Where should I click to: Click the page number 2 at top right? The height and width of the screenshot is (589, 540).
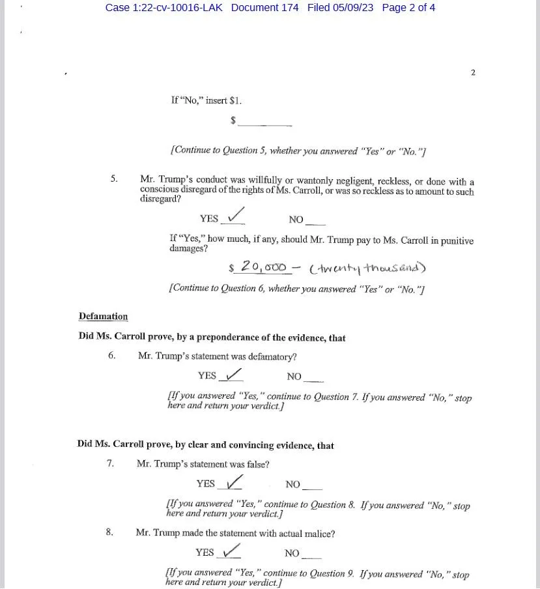point(473,72)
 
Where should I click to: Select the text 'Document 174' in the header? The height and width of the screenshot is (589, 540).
point(264,8)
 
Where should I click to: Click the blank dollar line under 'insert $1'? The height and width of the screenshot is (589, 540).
point(265,122)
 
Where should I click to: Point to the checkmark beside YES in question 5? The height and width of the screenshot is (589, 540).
point(234,214)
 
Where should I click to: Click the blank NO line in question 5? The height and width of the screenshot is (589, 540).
point(315,220)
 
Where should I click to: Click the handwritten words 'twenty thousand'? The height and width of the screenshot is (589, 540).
point(368,268)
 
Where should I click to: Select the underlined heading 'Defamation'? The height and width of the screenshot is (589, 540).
point(103,317)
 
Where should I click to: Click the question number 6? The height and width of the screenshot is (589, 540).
point(112,356)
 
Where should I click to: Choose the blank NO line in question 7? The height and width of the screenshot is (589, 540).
point(313,485)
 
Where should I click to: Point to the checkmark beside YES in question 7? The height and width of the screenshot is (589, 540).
point(233,482)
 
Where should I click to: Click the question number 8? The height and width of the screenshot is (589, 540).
point(109,532)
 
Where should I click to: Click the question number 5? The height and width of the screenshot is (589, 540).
point(114,178)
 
